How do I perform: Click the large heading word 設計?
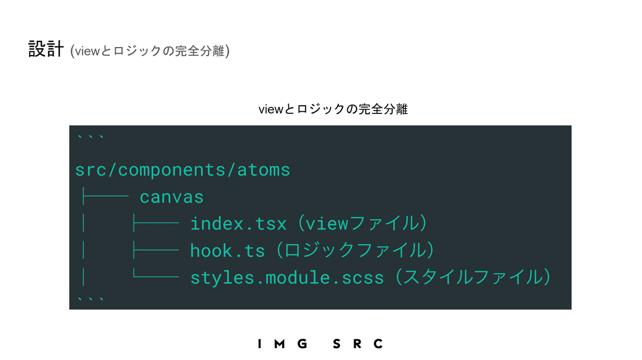[x=46, y=49]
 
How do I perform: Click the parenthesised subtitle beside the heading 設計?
[x=150, y=51]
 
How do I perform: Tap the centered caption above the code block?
[x=333, y=109]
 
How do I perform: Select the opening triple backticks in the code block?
[x=90, y=137]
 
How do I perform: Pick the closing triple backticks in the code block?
[x=90, y=300]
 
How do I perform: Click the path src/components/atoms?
[x=182, y=170]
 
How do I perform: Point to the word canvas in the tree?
[x=172, y=197]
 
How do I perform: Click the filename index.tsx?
[x=239, y=224]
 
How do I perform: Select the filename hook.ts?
[x=227, y=250]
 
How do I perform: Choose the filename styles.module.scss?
[x=287, y=278]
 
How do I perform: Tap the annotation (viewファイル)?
[x=363, y=223]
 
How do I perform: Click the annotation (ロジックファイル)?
[x=356, y=250]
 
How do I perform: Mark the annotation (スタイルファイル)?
[x=473, y=277]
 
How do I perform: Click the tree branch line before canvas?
[x=105, y=196]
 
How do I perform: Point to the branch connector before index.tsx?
[x=156, y=223]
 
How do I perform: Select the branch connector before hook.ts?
[x=156, y=250]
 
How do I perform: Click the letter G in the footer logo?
[x=302, y=343]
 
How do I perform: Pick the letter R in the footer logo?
[x=357, y=343]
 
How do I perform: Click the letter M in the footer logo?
[x=279, y=343]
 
